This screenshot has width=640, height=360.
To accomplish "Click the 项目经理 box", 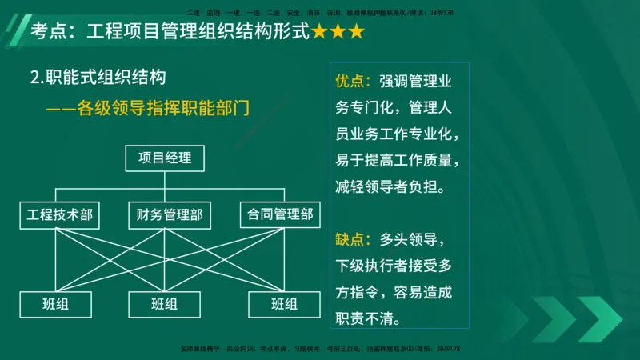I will click(165, 158).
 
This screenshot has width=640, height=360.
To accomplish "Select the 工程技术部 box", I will click(60, 214).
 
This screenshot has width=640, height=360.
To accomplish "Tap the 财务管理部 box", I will click(165, 214).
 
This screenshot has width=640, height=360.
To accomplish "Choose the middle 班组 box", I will click(165, 304).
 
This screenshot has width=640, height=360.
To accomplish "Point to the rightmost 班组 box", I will click(285, 304).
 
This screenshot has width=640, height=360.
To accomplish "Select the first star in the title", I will click(318, 33).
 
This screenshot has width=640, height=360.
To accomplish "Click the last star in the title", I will click(355, 33).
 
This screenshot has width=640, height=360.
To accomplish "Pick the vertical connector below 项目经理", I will click(165, 180).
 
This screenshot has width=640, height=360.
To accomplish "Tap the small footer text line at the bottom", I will click(320, 350).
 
